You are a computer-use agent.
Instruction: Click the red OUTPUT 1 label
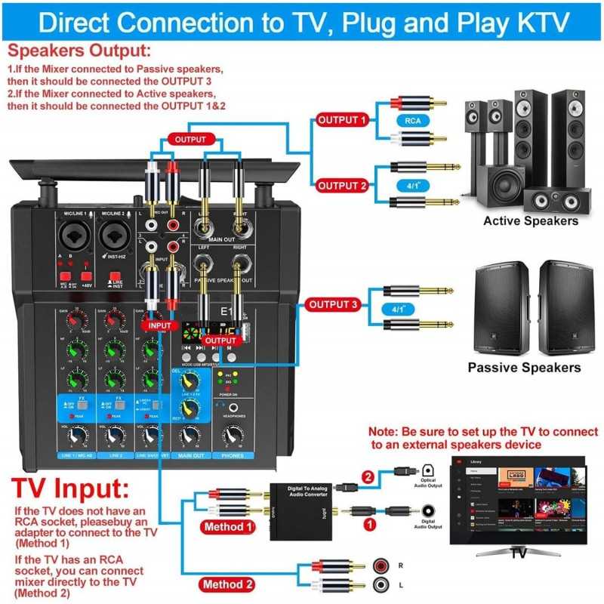click(342, 120)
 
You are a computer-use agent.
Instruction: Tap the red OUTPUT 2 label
click(342, 185)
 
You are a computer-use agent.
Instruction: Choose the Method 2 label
click(228, 584)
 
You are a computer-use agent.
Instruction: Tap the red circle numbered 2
click(368, 476)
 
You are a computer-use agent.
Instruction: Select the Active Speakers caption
click(531, 220)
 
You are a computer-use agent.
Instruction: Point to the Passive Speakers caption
click(524, 368)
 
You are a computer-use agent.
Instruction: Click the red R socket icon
click(381, 565)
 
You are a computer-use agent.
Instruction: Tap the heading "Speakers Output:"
click(79, 51)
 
